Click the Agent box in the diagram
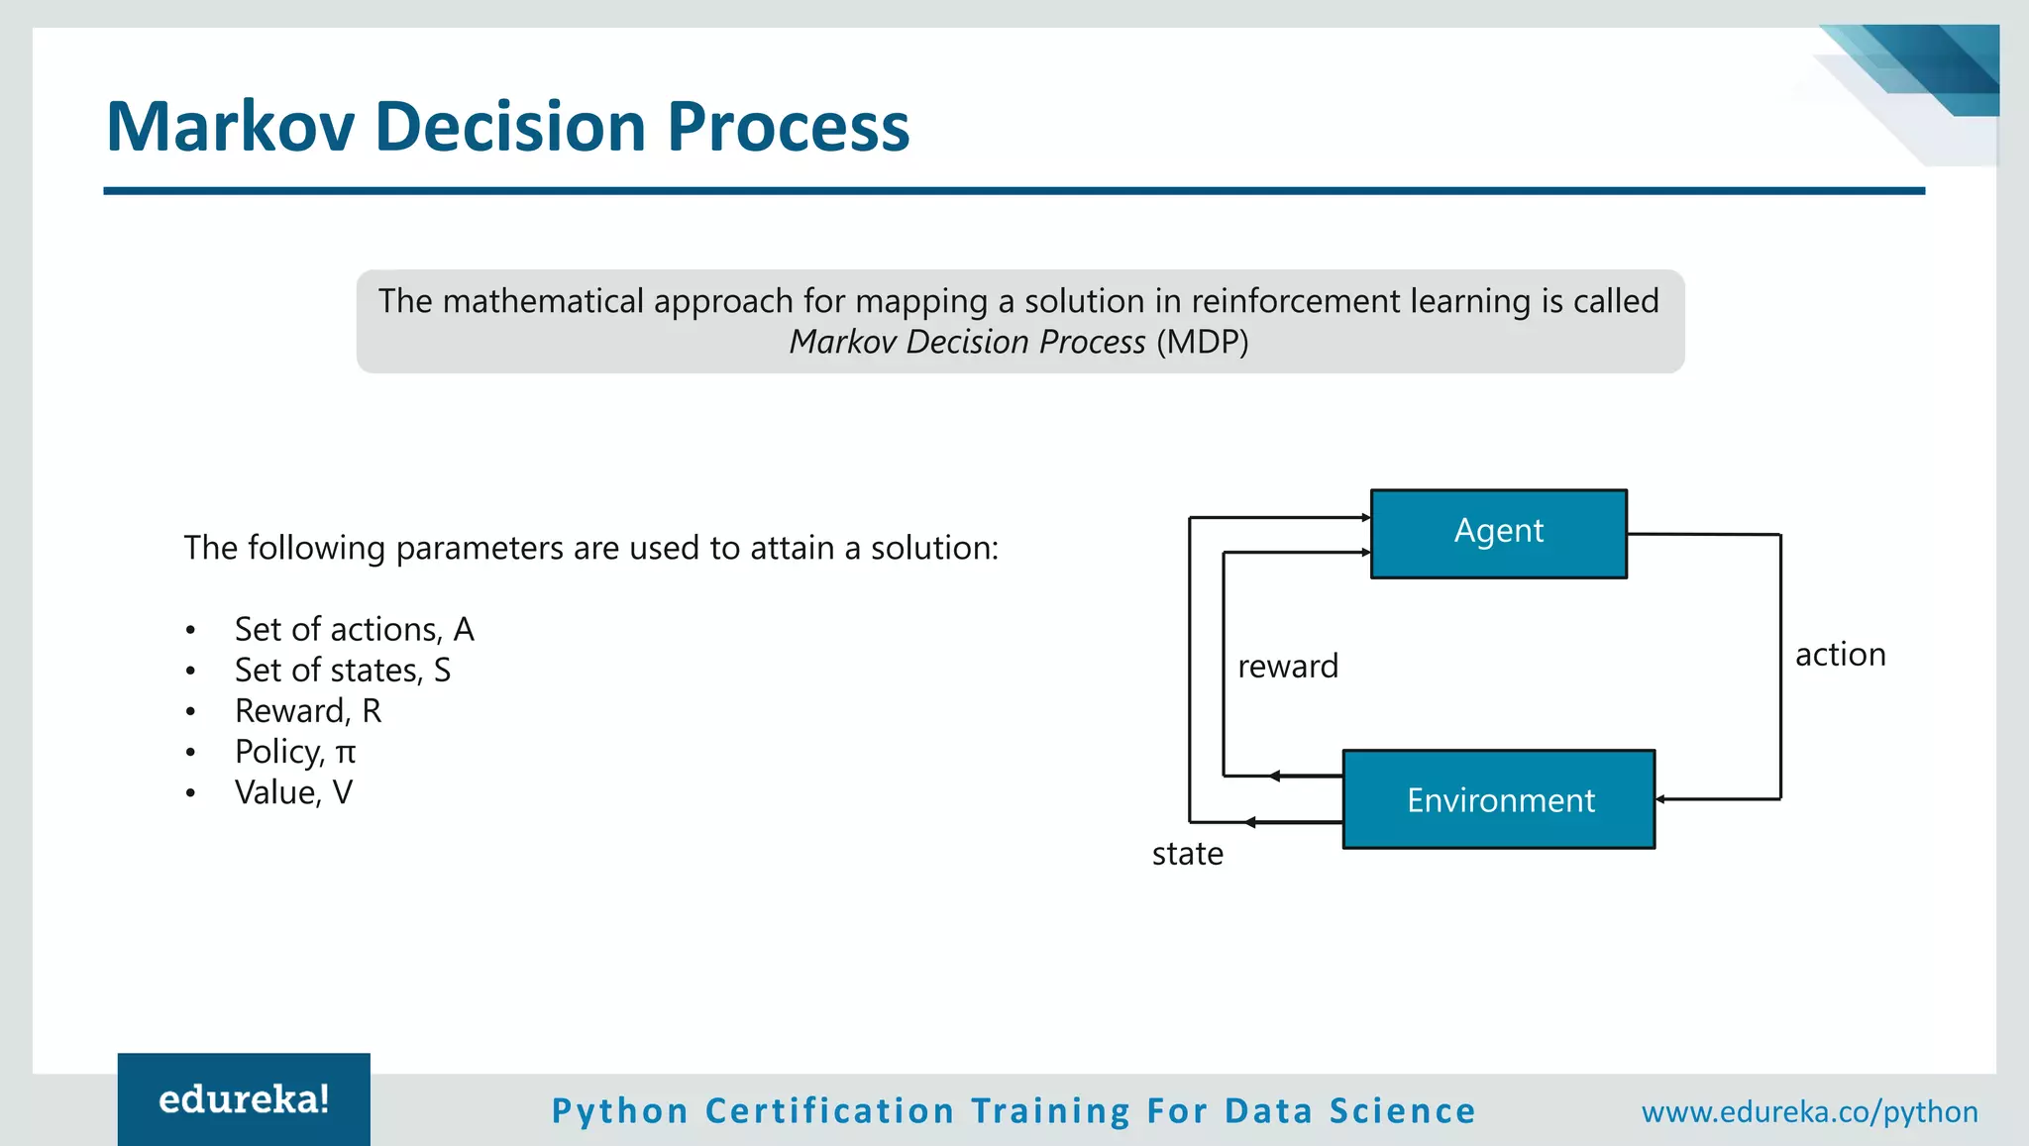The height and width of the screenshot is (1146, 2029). click(1498, 533)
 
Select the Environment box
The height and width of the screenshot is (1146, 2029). click(1499, 799)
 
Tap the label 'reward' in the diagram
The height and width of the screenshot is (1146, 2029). click(1287, 667)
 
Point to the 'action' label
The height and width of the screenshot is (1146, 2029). click(1840, 655)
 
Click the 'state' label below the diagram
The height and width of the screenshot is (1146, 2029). click(1187, 854)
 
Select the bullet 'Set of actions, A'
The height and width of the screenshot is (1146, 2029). click(354, 630)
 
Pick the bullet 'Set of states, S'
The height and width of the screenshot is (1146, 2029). click(342, 671)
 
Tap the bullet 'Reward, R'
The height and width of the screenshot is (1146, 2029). click(307, 711)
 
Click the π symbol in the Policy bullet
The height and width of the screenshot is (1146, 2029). click(345, 754)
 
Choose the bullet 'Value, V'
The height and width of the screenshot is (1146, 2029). click(293, 792)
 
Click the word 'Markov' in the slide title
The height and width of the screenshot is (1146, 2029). click(230, 127)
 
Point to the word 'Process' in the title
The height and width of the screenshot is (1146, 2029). click(788, 127)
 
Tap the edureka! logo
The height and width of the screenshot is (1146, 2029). click(244, 1099)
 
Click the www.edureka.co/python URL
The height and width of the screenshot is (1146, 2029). click(1809, 1111)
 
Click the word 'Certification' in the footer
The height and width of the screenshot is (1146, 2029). click(829, 1111)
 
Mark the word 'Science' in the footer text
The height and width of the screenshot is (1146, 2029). click(1402, 1111)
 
